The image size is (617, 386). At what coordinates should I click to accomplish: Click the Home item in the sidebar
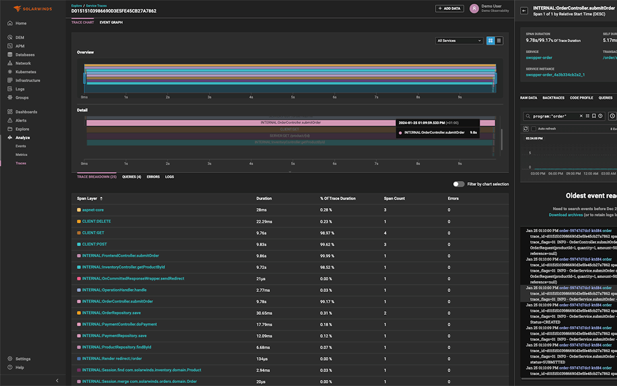(20, 24)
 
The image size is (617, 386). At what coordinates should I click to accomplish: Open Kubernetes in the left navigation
(25, 72)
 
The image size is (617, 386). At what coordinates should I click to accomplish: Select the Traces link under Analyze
(20, 163)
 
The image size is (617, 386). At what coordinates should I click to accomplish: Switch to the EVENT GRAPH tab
(111, 22)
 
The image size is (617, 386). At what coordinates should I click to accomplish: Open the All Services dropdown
(459, 40)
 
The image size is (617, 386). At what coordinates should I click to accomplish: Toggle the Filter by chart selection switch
(459, 184)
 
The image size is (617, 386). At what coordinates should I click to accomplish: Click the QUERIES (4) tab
(131, 177)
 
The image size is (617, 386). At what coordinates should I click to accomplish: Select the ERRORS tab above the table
(153, 177)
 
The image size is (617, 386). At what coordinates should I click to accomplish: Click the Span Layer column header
(87, 198)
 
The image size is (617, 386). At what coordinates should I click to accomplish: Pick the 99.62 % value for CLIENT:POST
(328, 244)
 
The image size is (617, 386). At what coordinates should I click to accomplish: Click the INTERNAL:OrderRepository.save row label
(111, 313)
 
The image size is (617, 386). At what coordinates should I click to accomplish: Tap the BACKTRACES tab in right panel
(553, 98)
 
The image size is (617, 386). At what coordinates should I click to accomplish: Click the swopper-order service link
(539, 58)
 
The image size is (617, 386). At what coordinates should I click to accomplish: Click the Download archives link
(565, 215)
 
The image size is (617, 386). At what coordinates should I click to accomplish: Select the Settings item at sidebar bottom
(23, 359)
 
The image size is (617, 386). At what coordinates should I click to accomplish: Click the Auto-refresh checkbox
(533, 129)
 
